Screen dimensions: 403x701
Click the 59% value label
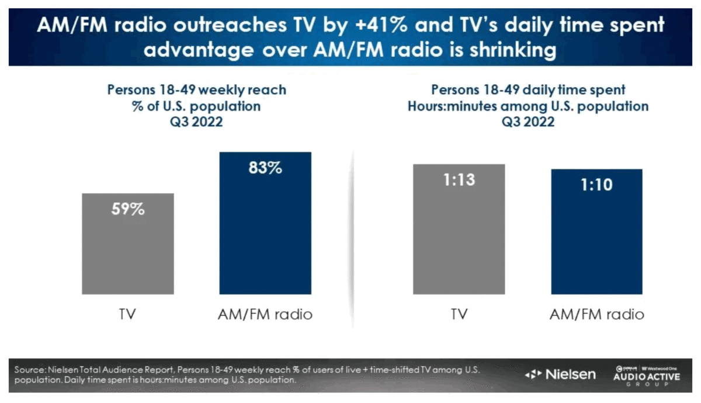(128, 209)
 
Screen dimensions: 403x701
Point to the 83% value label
(265, 168)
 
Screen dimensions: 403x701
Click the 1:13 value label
(459, 180)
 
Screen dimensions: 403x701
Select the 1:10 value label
(596, 185)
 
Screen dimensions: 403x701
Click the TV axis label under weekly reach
(127, 314)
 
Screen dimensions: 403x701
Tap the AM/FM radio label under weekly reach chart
(265, 314)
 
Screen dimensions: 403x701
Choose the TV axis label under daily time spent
(459, 314)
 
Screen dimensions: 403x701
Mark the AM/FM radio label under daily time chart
(596, 314)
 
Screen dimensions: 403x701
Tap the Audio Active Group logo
(648, 376)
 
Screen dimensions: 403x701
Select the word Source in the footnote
(30, 370)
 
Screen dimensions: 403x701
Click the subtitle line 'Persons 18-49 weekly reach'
(197, 91)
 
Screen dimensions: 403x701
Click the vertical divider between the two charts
(352, 234)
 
